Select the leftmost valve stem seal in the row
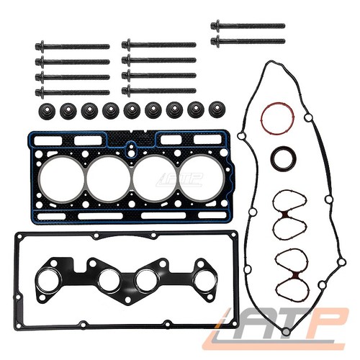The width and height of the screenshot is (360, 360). [x=47, y=111]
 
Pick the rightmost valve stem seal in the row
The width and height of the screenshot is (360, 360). [x=217, y=109]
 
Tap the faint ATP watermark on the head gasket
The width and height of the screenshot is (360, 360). [x=179, y=179]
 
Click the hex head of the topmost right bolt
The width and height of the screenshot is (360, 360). [x=216, y=25]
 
